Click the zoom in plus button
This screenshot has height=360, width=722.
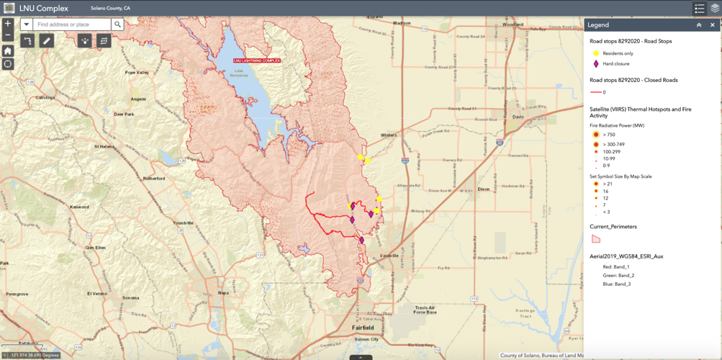8,24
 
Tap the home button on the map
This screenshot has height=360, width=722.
8,51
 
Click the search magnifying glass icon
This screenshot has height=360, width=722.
117,24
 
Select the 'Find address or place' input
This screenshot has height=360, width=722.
72,24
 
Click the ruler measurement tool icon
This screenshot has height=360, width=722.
46,41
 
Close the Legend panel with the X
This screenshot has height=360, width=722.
713,25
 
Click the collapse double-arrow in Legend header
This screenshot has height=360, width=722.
698,25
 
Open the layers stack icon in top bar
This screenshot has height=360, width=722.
715,9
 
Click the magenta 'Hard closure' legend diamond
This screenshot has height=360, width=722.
596,64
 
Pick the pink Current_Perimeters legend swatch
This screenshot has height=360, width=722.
596,238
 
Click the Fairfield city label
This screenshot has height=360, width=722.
362,327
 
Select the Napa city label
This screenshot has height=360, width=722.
223,293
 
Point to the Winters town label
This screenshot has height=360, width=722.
389,135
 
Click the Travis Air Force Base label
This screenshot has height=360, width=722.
425,310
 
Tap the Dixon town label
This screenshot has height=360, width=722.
484,189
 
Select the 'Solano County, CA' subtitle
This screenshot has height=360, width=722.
110,8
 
